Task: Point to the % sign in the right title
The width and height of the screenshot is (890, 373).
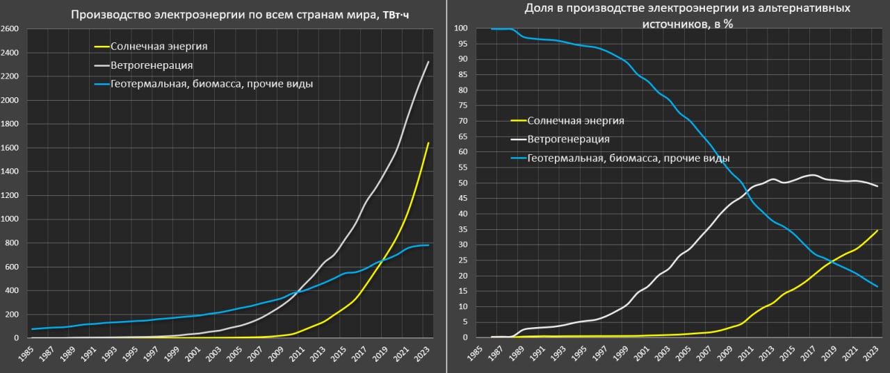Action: tap(729, 24)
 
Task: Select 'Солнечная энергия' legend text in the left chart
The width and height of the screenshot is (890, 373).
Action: tap(160, 47)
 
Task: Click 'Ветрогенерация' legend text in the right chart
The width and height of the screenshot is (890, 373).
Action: tap(568, 139)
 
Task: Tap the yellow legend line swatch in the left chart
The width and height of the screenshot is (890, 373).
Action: tap(102, 47)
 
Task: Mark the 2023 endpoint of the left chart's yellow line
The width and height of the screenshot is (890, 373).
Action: tap(428, 143)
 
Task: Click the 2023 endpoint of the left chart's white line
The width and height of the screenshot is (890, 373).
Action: tap(428, 62)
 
